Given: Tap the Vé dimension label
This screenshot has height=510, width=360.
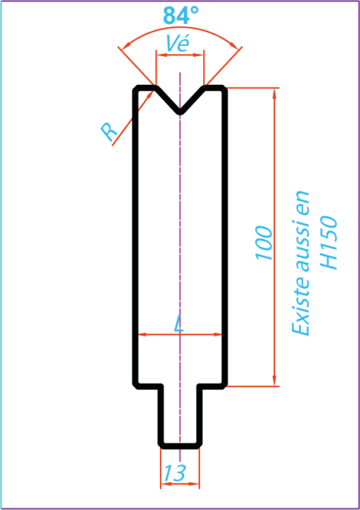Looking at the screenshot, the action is point(177,43).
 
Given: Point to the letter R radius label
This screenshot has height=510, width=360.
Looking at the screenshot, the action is point(109,132).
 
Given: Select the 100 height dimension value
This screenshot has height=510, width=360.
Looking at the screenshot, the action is point(264,243).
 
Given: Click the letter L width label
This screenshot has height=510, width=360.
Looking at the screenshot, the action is point(179,324).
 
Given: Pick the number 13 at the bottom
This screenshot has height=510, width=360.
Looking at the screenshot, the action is point(175,473).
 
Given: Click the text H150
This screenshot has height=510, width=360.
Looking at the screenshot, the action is point(328,242).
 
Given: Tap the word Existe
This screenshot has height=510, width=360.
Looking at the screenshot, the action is point(300,310).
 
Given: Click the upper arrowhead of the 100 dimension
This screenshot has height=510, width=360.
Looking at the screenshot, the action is point(274,93).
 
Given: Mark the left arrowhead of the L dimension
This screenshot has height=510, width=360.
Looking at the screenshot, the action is point(143,334).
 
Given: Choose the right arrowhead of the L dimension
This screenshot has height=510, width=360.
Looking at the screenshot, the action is point(217,334).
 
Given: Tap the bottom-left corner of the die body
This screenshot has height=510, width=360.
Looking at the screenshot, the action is point(136,385).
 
